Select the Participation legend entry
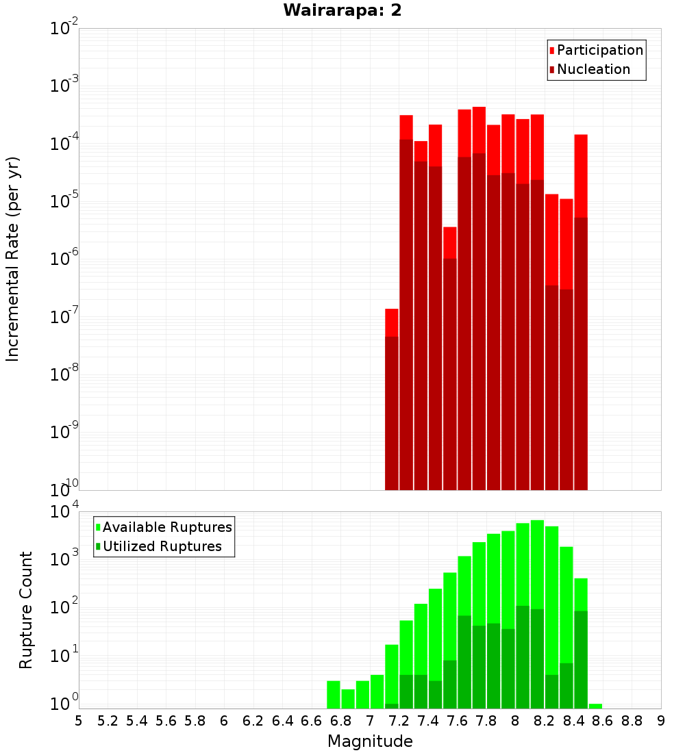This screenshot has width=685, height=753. coord(599,50)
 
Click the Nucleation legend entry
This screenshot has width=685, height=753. coord(593,69)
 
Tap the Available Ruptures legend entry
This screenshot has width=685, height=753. coord(167,527)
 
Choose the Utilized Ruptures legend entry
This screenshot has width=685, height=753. coord(162,546)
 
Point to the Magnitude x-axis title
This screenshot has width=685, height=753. coord(370,741)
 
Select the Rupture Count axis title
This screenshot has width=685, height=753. coord(26,610)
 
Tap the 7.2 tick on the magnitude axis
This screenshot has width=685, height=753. coord(399,721)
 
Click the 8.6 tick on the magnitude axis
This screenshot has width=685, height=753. coord(603,721)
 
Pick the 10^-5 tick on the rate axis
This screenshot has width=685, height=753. coord(64,201)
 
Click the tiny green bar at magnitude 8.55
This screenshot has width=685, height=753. coord(595,706)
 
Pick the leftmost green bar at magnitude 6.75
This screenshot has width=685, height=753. coord(334,694)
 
